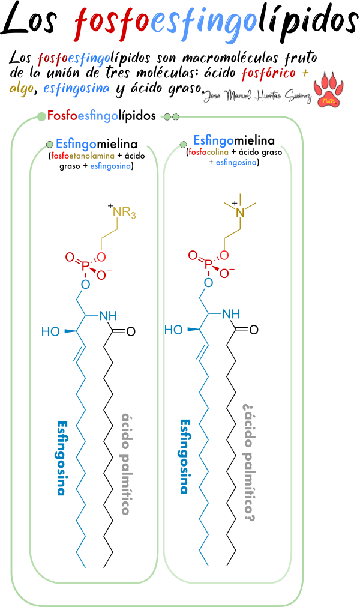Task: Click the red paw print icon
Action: pyautogui.click(x=328, y=90)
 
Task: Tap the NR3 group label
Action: pyautogui.click(x=124, y=213)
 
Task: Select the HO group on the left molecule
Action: pyautogui.click(x=50, y=331)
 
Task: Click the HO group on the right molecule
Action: pyautogui.click(x=173, y=330)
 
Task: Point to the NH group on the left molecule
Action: pyautogui.click(x=108, y=316)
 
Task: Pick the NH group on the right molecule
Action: pyautogui.click(x=231, y=314)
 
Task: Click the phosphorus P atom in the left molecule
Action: pyautogui.click(x=85, y=265)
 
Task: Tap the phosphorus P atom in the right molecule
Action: pyautogui.click(x=208, y=263)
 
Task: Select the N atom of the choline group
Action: pyautogui.click(x=240, y=212)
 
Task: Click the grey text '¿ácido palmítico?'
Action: pyautogui.click(x=249, y=462)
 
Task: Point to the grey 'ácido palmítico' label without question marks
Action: pyautogui.click(x=126, y=464)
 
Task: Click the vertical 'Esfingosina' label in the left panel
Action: pyautogui.click(x=61, y=458)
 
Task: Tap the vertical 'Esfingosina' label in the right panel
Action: pyautogui.click(x=185, y=456)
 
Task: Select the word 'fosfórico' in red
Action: pyautogui.click(x=268, y=74)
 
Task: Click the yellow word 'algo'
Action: pyautogui.click(x=21, y=89)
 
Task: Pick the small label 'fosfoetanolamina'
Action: pyautogui.click(x=83, y=156)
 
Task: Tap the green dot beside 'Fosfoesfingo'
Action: pyautogui.click(x=41, y=116)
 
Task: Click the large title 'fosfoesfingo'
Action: pyautogui.click(x=165, y=23)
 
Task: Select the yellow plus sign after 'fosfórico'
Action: pyautogui.click(x=305, y=73)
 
